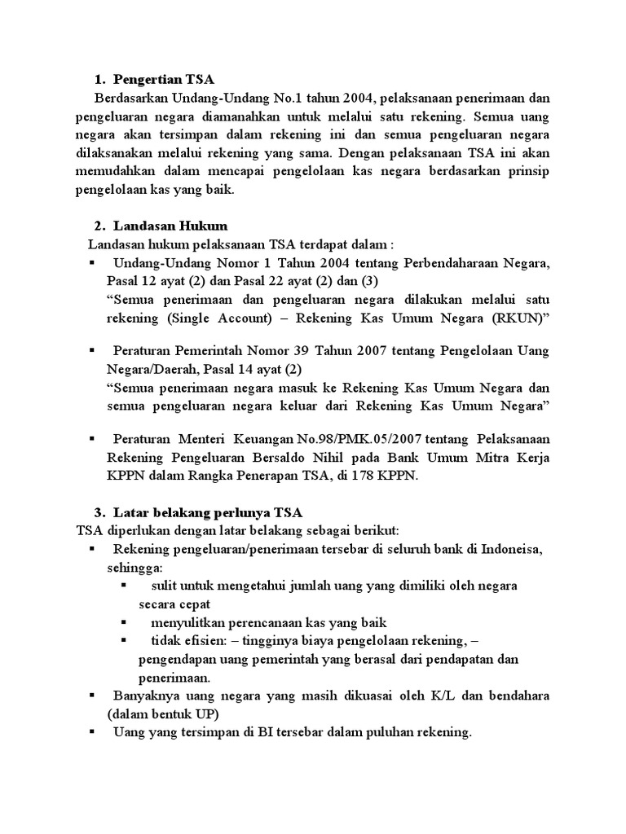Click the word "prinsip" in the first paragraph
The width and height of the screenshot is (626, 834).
pos(522,171)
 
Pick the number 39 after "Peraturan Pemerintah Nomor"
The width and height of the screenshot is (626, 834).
pos(317,350)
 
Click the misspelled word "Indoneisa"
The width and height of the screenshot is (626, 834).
pos(514,549)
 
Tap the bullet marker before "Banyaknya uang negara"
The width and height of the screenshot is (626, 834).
pos(92,696)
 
